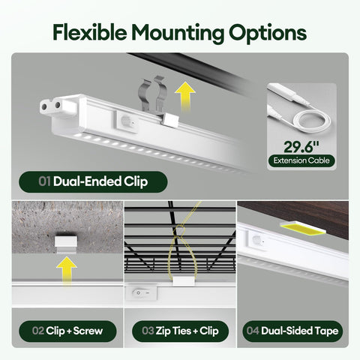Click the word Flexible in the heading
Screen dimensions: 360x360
[x=90, y=32]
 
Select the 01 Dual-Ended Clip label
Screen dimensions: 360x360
[x=93, y=181]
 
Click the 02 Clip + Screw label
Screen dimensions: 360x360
[x=67, y=331]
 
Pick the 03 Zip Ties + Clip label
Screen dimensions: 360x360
[x=180, y=331]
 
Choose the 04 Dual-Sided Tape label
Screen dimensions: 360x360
[x=292, y=331]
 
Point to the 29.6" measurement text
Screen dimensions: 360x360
[x=301, y=147]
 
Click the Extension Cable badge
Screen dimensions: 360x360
[x=301, y=160]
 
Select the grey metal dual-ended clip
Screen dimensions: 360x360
[x=153, y=95]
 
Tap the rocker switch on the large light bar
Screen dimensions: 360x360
[x=127, y=121]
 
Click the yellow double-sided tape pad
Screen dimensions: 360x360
[x=302, y=229]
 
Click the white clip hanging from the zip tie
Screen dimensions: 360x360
[x=184, y=280]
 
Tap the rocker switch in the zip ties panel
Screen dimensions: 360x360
[x=142, y=293]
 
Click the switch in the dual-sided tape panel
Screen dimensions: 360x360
[x=257, y=241]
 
